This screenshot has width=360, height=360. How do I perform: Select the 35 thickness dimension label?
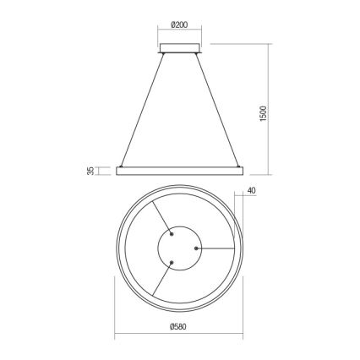click(x=90, y=172)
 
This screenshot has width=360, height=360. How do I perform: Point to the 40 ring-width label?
click(x=252, y=191)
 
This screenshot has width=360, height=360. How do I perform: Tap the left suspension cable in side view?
click(x=142, y=110)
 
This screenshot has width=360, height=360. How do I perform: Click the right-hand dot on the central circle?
click(x=196, y=248)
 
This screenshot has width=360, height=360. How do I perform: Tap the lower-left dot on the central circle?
click(x=172, y=262)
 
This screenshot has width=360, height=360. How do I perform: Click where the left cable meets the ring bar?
click(x=123, y=166)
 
